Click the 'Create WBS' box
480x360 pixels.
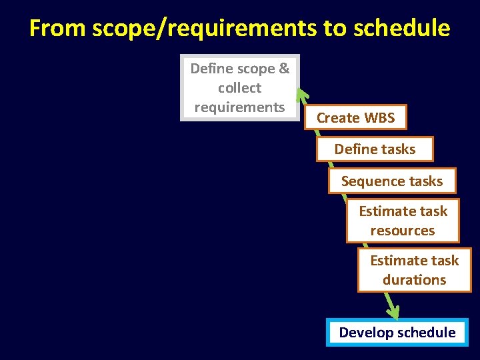coord(355,118)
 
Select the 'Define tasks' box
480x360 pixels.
coord(375,149)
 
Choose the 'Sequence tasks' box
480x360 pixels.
coord(392,181)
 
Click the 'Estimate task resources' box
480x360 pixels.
coord(403,221)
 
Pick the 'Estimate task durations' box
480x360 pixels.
coord(414,270)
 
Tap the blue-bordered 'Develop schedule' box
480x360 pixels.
coord(397,332)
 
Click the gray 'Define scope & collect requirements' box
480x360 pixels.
coord(240,87)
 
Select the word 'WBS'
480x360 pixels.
coord(379,118)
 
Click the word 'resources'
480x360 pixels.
coord(403,231)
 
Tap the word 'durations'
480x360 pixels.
coord(414,280)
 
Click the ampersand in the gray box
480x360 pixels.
coord(284,69)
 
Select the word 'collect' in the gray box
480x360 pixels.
coord(240,88)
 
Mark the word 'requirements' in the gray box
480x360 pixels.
coord(240,107)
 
